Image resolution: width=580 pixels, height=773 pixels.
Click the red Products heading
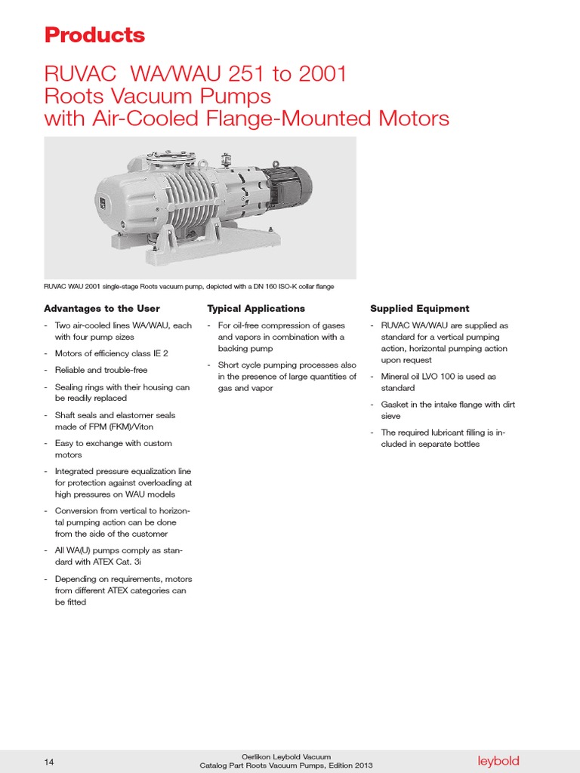[94, 35]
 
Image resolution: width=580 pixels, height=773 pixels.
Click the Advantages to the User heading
[102, 309]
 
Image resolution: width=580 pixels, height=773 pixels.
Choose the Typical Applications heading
[256, 309]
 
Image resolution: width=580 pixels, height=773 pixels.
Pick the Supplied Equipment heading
[419, 309]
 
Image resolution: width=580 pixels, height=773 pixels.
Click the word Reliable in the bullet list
[72, 370]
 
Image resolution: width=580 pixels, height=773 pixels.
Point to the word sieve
[391, 416]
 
